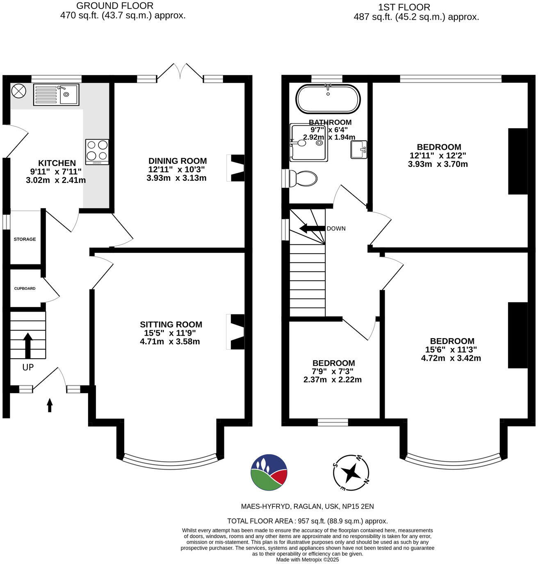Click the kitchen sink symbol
click(56, 95)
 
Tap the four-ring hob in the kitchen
click(97, 151)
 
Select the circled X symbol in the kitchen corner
click(18, 91)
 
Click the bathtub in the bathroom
click(328, 99)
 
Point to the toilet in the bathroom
click(303, 179)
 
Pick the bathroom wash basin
click(359, 150)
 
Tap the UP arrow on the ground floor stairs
click(27, 345)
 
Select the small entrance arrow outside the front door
click(50, 405)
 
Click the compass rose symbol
click(351, 473)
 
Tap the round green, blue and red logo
click(269, 472)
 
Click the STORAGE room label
click(25, 239)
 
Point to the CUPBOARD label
click(25, 289)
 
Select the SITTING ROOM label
click(171, 325)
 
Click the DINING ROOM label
click(177, 161)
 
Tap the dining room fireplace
click(235, 168)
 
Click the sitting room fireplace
click(235, 332)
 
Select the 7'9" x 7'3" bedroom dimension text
click(333, 371)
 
